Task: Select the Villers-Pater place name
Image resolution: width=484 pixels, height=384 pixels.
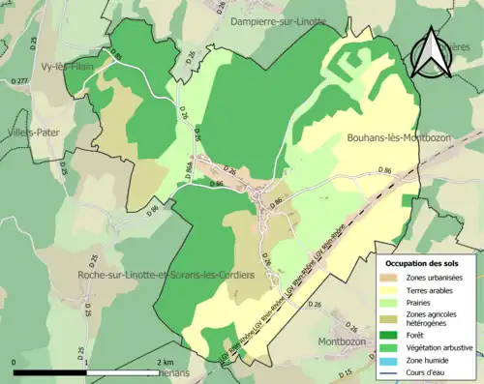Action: [29, 131]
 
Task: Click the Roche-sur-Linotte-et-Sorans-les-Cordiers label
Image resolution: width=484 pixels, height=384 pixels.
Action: [166, 276]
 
